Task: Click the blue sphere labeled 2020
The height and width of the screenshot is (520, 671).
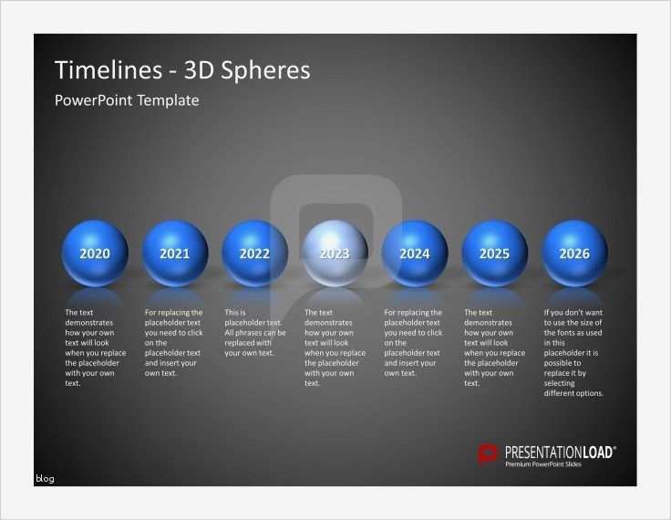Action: coord(95,254)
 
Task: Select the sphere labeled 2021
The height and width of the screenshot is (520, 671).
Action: coord(175,254)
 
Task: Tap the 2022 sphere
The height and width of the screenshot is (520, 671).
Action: coord(254,254)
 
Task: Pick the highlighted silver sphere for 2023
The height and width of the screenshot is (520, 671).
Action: coord(335,254)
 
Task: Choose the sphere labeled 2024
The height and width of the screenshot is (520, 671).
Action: coord(415,254)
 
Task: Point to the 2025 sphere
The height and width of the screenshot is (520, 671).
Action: coord(494,254)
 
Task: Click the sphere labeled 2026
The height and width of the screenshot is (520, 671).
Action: coord(574,254)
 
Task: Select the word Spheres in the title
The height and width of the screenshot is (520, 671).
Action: coord(268,71)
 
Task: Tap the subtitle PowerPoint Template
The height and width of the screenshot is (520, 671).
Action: coord(127,100)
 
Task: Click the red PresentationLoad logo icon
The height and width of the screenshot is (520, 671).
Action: coord(489,453)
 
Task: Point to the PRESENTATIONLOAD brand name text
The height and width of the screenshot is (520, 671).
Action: coord(560,451)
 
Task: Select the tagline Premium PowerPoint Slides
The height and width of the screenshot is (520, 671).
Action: coord(543,464)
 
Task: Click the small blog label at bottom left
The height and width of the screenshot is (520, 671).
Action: coord(45,478)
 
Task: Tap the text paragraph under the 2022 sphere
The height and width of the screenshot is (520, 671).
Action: coord(254,333)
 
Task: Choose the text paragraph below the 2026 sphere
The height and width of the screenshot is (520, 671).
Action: coord(574,352)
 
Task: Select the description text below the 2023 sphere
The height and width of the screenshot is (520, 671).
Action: coord(335,348)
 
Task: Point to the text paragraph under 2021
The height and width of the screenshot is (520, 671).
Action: coord(175,342)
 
